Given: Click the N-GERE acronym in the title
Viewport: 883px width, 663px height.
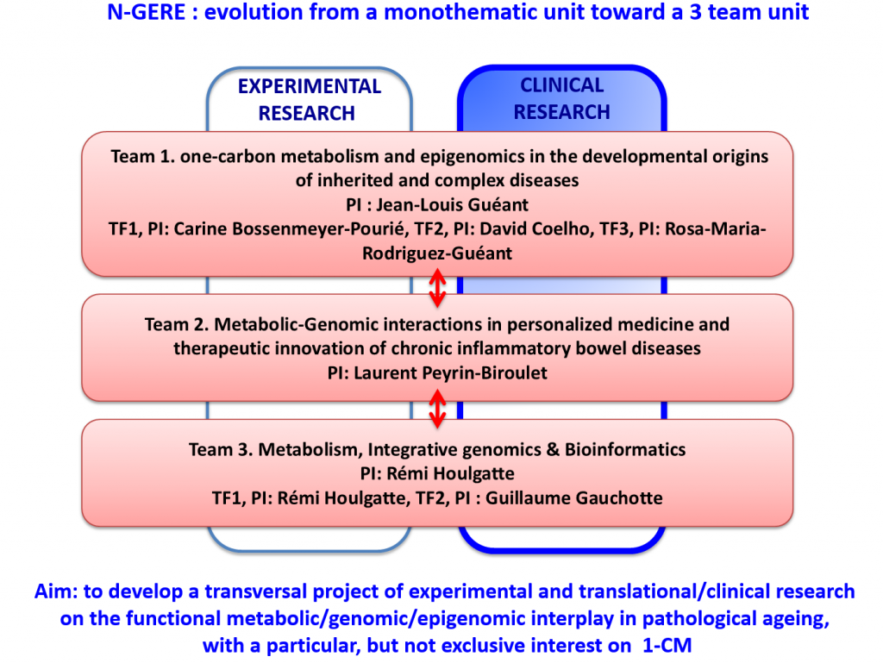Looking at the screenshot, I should pos(141,14).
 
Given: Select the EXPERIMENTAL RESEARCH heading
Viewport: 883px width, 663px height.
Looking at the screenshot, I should pos(308,99).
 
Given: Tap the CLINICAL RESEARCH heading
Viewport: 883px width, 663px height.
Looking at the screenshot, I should pos(562,98).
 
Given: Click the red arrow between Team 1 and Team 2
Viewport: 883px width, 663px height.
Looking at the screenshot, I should pos(437,287).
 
